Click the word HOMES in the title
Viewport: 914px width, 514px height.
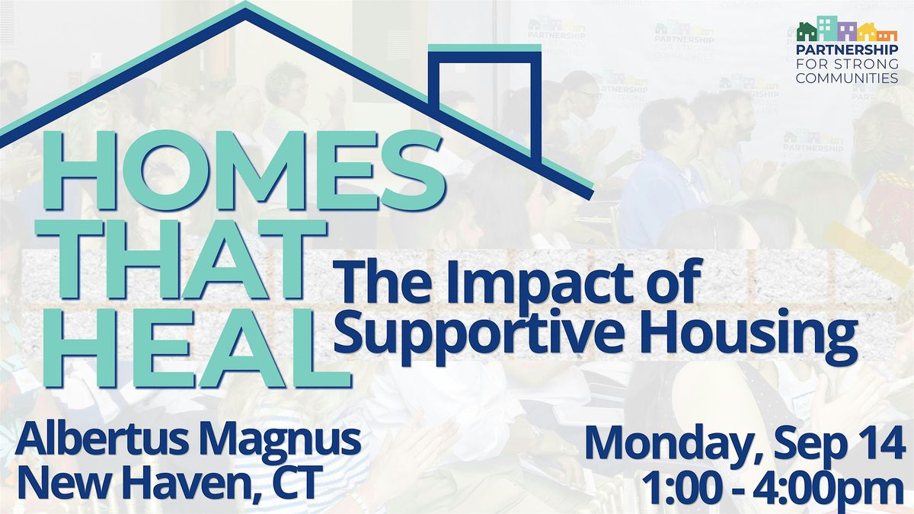[242, 171]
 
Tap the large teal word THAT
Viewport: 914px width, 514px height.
[181, 260]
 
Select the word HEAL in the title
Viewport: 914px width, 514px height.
[197, 348]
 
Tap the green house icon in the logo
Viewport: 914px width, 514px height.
[807, 31]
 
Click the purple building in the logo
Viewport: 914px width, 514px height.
[847, 32]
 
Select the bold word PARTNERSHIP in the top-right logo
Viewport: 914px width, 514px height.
[847, 50]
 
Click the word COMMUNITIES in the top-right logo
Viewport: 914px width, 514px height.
[847, 78]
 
